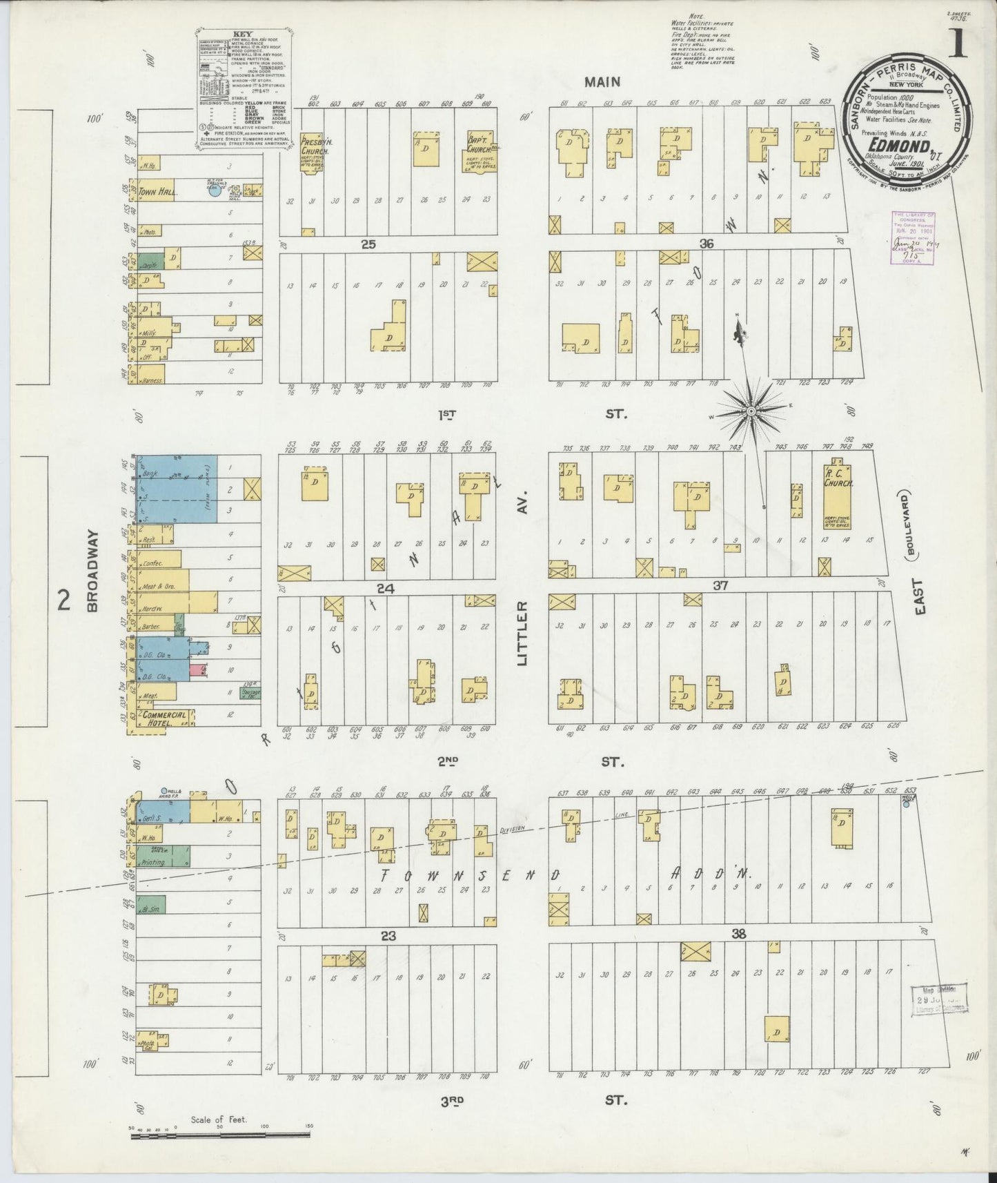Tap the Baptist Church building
[479, 150]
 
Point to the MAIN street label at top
[602, 82]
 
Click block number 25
[368, 244]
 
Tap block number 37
[721, 585]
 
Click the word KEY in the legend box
[241, 33]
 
